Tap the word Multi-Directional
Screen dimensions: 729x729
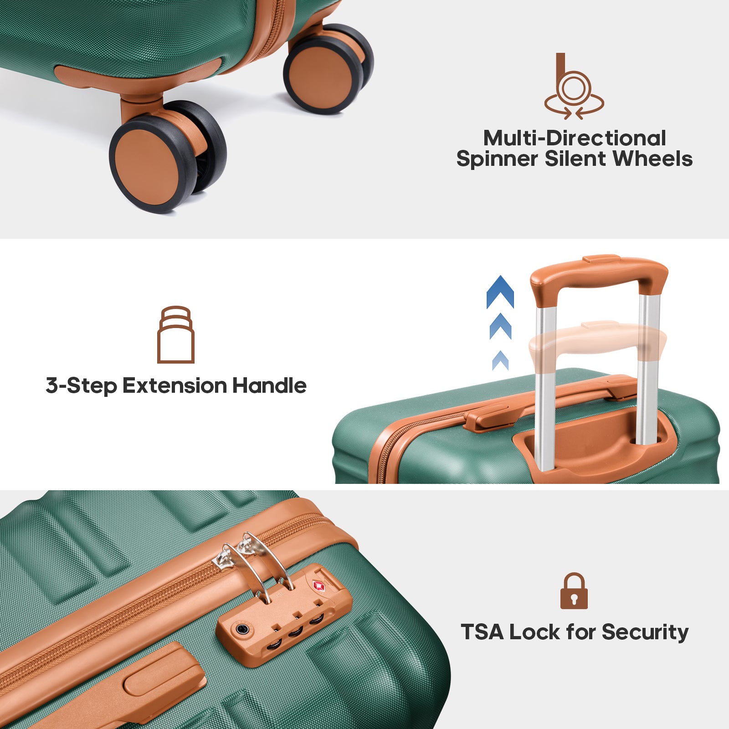click(x=575, y=138)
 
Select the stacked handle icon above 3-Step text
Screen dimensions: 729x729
click(x=176, y=334)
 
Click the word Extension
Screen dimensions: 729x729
click(x=175, y=385)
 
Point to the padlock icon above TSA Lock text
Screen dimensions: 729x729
click(x=574, y=591)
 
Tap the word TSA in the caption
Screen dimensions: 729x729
click(x=482, y=632)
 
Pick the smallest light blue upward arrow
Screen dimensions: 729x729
click(x=500, y=360)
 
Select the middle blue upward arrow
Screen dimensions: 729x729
click(x=500, y=326)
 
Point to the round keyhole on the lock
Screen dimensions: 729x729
click(x=241, y=630)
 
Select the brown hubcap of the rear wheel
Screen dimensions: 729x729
click(x=320, y=75)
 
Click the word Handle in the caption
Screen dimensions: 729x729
click(x=269, y=385)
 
